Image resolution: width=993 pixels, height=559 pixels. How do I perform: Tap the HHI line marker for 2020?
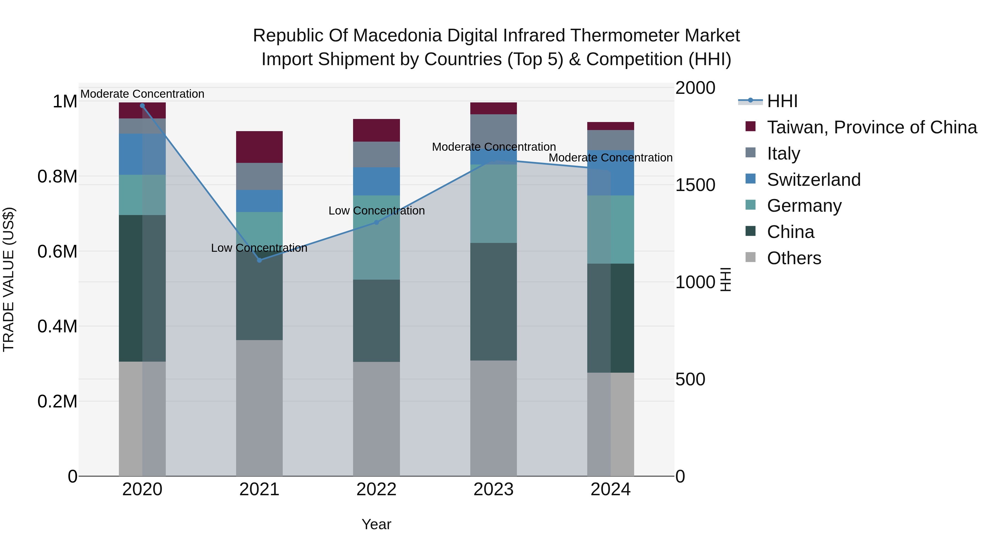(142, 105)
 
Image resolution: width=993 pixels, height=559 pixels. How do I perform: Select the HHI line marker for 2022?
(377, 222)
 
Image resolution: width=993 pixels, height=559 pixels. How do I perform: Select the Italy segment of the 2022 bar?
(376, 154)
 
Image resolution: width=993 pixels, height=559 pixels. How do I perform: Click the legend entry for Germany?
(804, 206)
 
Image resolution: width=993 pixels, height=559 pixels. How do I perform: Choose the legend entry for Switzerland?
(813, 180)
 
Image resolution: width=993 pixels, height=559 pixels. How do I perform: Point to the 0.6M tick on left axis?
(57, 251)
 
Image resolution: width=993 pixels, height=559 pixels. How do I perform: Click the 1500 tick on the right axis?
(695, 185)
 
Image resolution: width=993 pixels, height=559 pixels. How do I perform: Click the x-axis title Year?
(376, 524)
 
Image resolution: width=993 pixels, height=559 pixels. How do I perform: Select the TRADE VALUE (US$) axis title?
(9, 279)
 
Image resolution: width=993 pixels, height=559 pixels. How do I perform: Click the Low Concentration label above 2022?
(376, 211)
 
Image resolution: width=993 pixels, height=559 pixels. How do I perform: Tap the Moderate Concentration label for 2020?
(142, 94)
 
